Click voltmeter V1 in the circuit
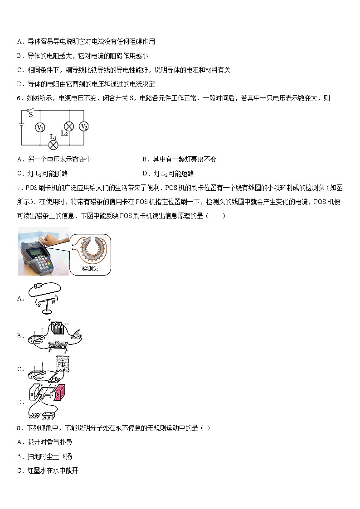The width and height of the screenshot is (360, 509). (x=40, y=127)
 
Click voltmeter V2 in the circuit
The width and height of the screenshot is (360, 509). (x=83, y=126)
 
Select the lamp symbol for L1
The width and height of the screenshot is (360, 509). (x=54, y=145)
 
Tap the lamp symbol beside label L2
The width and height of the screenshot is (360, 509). (x=69, y=126)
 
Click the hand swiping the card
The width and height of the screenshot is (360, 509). (x=54, y=238)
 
